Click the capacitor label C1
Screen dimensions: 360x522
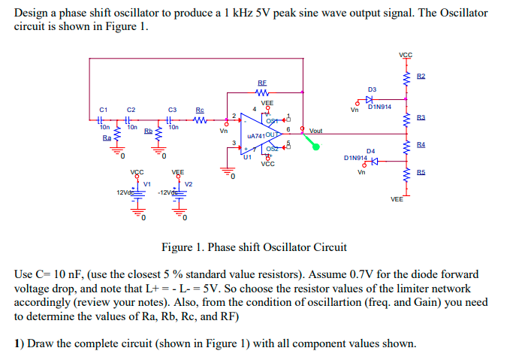105,110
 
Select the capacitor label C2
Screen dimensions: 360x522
131,110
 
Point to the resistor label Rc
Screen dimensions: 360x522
200,110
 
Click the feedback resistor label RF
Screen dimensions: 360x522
262,83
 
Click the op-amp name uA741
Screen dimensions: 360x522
257,136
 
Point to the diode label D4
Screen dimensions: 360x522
370,151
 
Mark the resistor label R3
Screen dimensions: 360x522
421,118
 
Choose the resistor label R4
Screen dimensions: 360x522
421,144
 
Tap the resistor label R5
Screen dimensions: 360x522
421,172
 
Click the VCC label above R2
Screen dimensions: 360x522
407,55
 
